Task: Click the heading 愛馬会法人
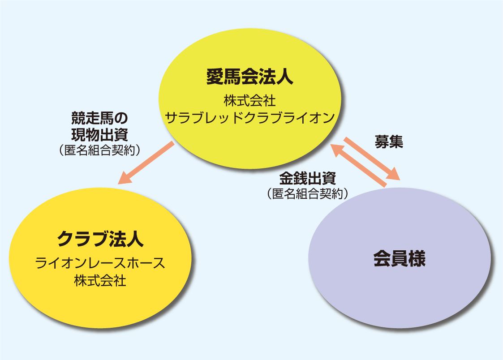(250, 77)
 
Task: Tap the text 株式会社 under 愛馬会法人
(250, 99)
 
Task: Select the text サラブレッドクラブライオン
(250, 118)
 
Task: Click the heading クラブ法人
(100, 239)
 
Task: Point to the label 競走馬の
(99, 118)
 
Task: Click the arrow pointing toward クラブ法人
(145, 163)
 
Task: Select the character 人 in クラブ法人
(135, 239)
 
